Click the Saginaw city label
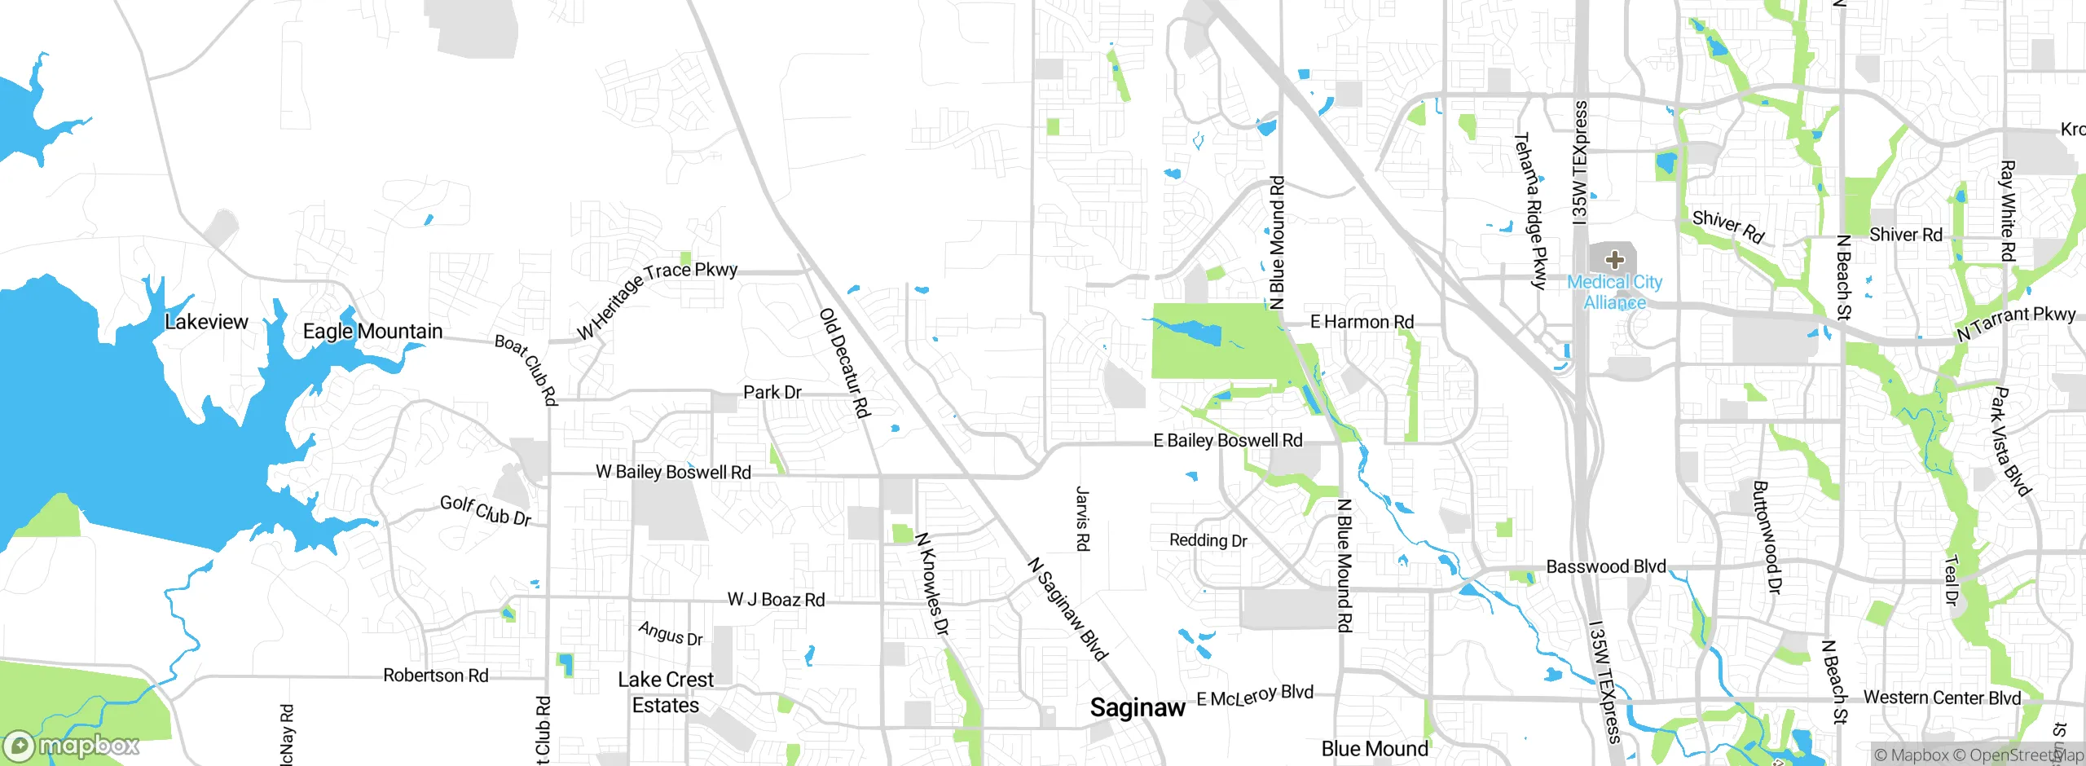[x=1138, y=707]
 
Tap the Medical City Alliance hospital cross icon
[x=1614, y=260]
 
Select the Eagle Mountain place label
[x=372, y=331]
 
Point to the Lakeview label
[x=206, y=322]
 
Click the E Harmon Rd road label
[x=1362, y=322]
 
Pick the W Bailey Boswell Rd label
[x=673, y=472]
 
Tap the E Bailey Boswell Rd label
[x=1228, y=441]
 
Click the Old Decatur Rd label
[x=845, y=363]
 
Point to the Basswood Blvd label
[x=1605, y=566]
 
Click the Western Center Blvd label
[x=1942, y=698]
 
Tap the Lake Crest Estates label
[x=666, y=693]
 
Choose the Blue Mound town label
[x=1375, y=748]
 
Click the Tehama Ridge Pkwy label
[x=1529, y=211]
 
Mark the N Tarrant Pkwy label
[x=2016, y=323]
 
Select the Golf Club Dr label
[x=486, y=511]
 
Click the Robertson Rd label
[x=436, y=676]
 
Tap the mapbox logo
[x=72, y=746]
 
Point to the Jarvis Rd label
[x=1082, y=519]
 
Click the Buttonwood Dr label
[x=1767, y=537]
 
